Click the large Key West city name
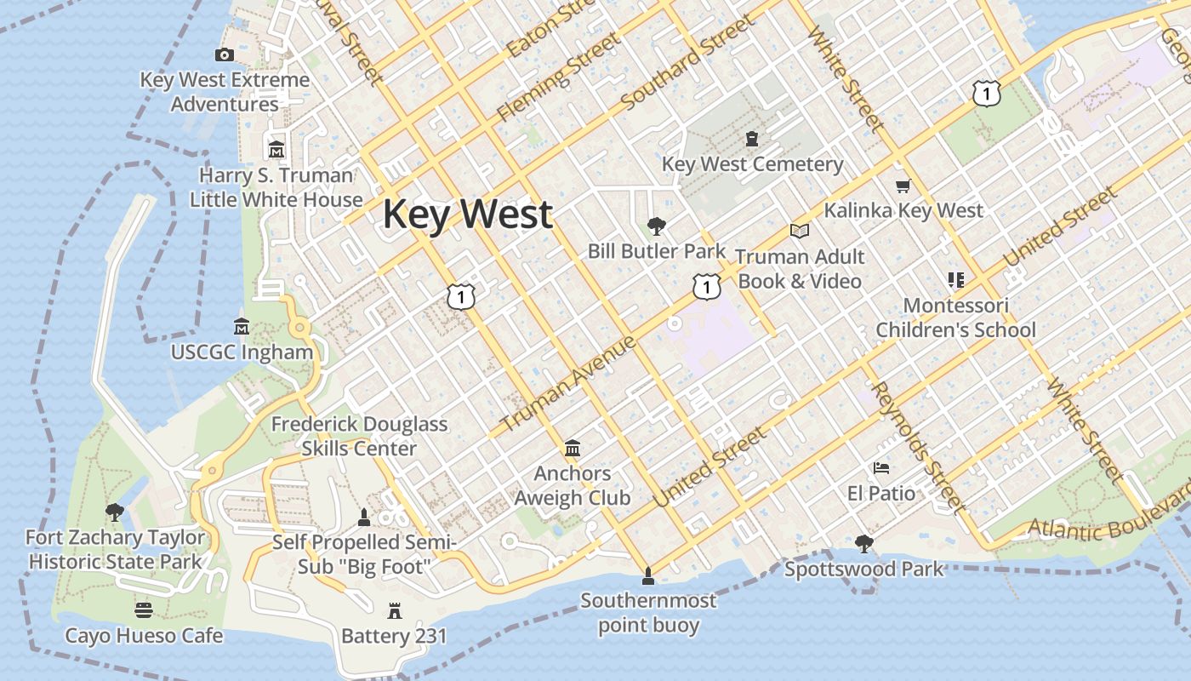468,214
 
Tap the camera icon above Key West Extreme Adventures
225,55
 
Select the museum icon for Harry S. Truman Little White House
276,151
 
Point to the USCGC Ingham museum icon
242,327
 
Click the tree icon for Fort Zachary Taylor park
114,512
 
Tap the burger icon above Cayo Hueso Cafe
144,610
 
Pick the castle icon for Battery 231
394,610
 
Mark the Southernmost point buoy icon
648,576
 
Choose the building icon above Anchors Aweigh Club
573,448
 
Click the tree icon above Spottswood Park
863,543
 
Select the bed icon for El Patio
881,468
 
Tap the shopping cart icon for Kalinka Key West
903,186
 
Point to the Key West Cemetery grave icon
752,139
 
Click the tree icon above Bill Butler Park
656,226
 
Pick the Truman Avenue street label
568,383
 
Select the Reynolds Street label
920,448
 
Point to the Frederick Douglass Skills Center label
359,436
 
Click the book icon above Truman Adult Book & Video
799,231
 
